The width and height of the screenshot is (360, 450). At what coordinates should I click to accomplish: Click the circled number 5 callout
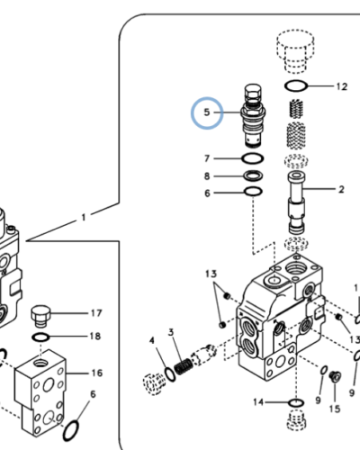206,113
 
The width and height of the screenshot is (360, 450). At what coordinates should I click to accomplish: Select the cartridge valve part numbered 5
251,117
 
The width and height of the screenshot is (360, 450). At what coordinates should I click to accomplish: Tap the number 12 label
340,87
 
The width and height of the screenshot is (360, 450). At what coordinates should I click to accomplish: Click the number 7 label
206,159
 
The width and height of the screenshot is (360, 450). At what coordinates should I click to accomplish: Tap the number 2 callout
341,190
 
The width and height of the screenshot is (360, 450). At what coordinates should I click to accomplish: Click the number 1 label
84,217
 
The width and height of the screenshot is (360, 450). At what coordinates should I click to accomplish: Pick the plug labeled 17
40,316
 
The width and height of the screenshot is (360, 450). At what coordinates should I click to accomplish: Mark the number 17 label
95,313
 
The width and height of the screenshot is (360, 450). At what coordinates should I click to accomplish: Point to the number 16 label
96,373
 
